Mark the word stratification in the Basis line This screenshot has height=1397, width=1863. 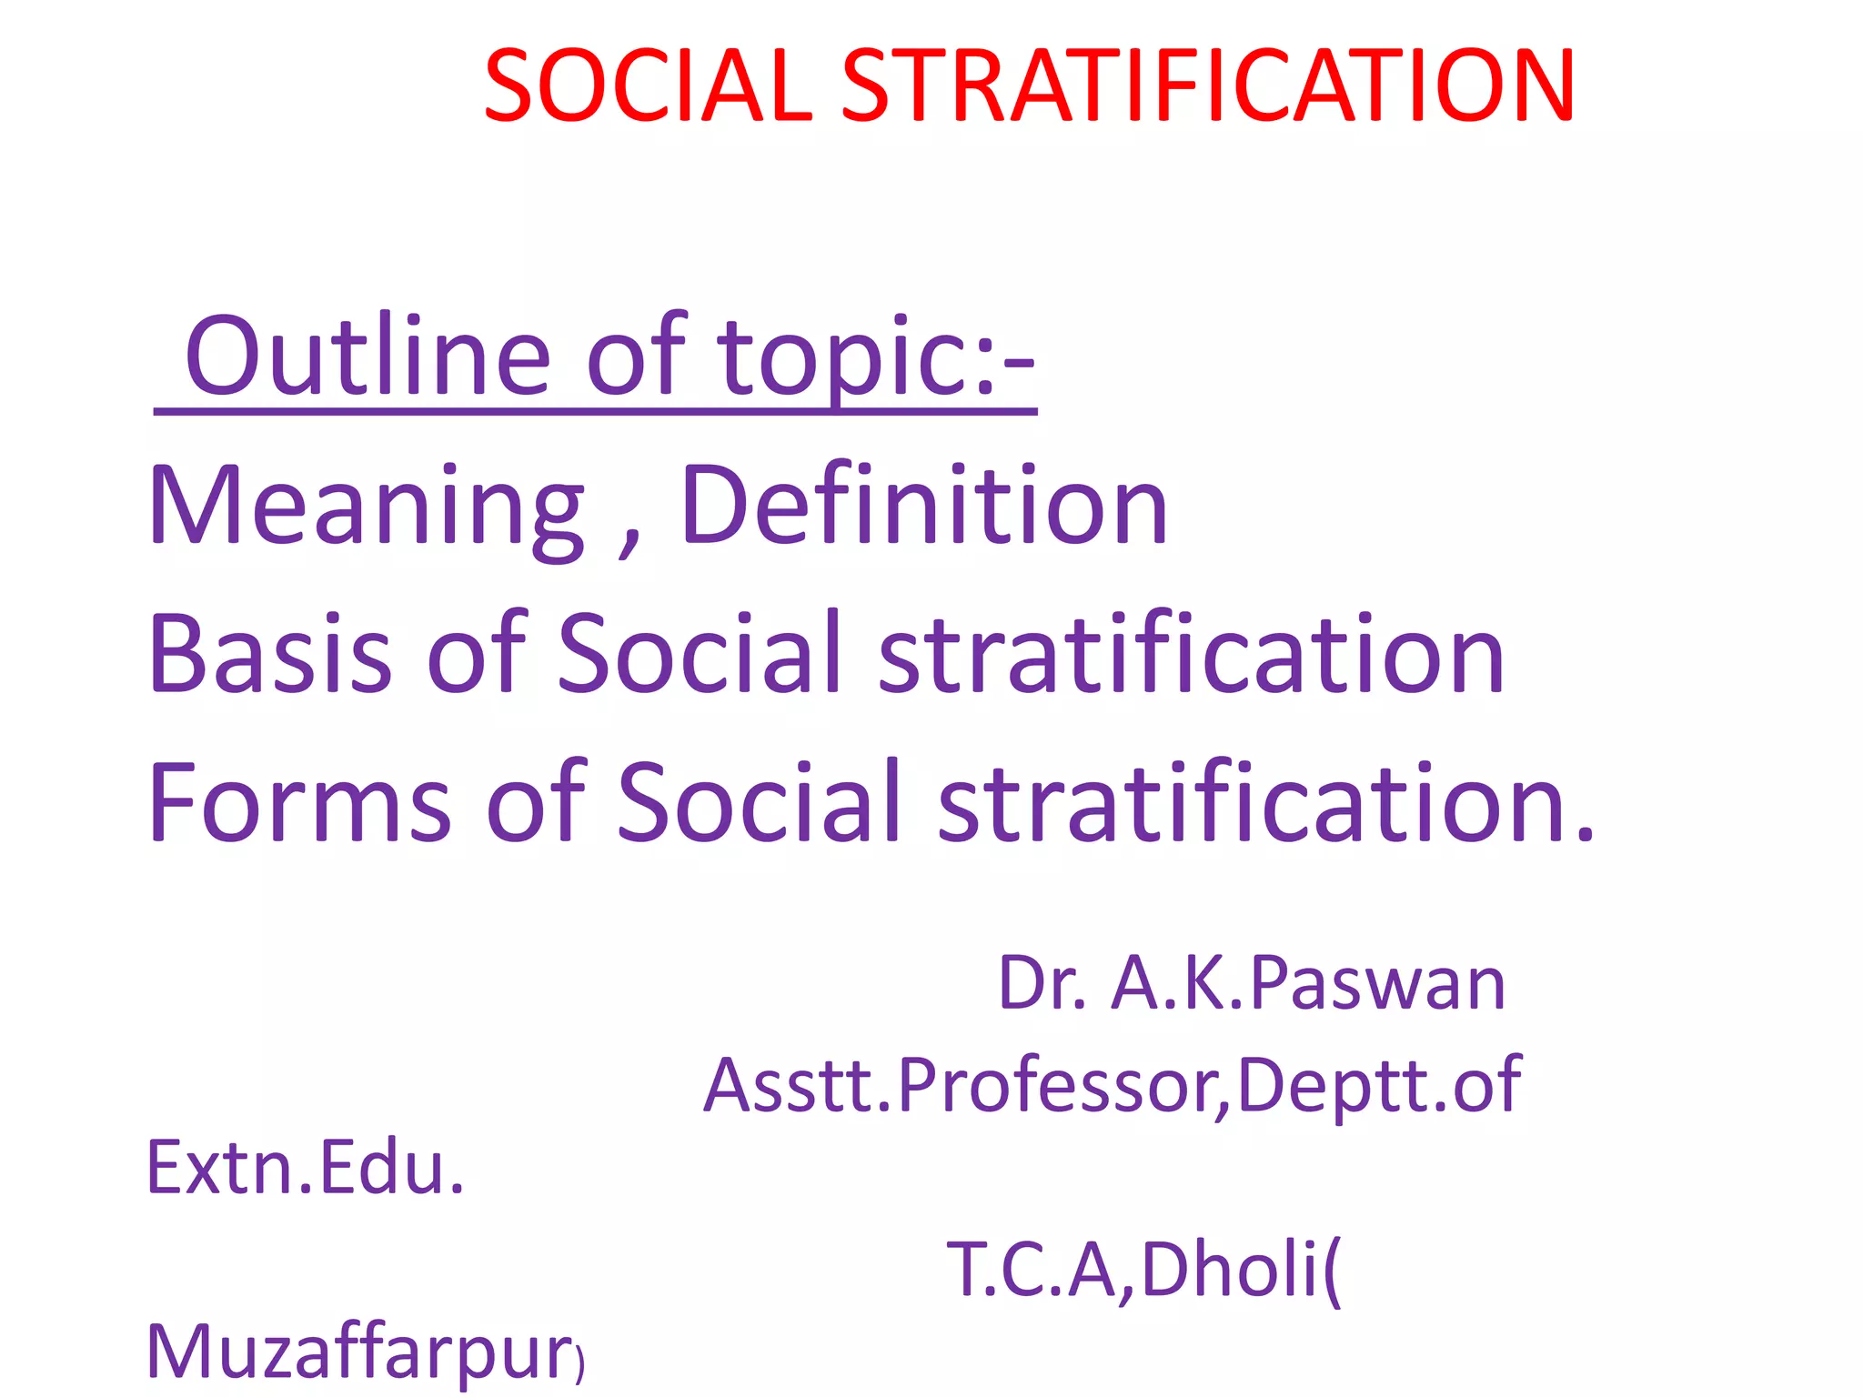tap(1192, 654)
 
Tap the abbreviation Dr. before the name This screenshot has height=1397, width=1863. tap(1042, 984)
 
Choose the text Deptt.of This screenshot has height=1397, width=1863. tap(1379, 1084)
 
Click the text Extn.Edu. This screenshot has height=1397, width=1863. tap(306, 1168)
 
